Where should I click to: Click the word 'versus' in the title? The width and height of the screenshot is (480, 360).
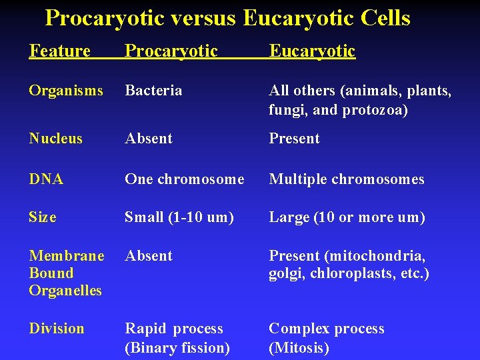[x=203, y=18]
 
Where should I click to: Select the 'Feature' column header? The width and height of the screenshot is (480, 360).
[x=59, y=51]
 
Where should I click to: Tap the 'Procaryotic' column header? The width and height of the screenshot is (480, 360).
[x=171, y=51]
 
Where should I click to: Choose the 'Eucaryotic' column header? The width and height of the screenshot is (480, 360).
[x=312, y=51]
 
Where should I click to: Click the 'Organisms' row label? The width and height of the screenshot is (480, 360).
[x=66, y=91]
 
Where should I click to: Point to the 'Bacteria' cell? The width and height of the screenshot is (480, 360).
[x=153, y=91]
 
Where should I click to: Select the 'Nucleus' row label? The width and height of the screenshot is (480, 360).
[x=56, y=139]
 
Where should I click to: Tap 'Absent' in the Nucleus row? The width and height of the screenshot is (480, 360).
[x=149, y=139]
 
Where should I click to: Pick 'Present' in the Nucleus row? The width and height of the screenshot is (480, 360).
[x=294, y=139]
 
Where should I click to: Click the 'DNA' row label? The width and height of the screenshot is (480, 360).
[x=46, y=179]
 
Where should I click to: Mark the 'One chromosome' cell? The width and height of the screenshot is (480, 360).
[x=185, y=179]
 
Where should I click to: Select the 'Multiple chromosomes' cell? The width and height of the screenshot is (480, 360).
[x=346, y=179]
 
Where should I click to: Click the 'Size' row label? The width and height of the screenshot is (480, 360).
[x=43, y=217]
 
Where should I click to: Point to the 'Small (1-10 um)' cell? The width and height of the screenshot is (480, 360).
[x=179, y=217]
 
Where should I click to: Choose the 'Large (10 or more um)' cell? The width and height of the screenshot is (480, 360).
[x=347, y=217]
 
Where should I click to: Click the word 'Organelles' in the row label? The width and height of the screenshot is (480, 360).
[x=65, y=291]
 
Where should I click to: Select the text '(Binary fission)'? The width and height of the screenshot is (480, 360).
[x=177, y=347]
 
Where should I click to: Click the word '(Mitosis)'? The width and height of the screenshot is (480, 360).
[x=299, y=347]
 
